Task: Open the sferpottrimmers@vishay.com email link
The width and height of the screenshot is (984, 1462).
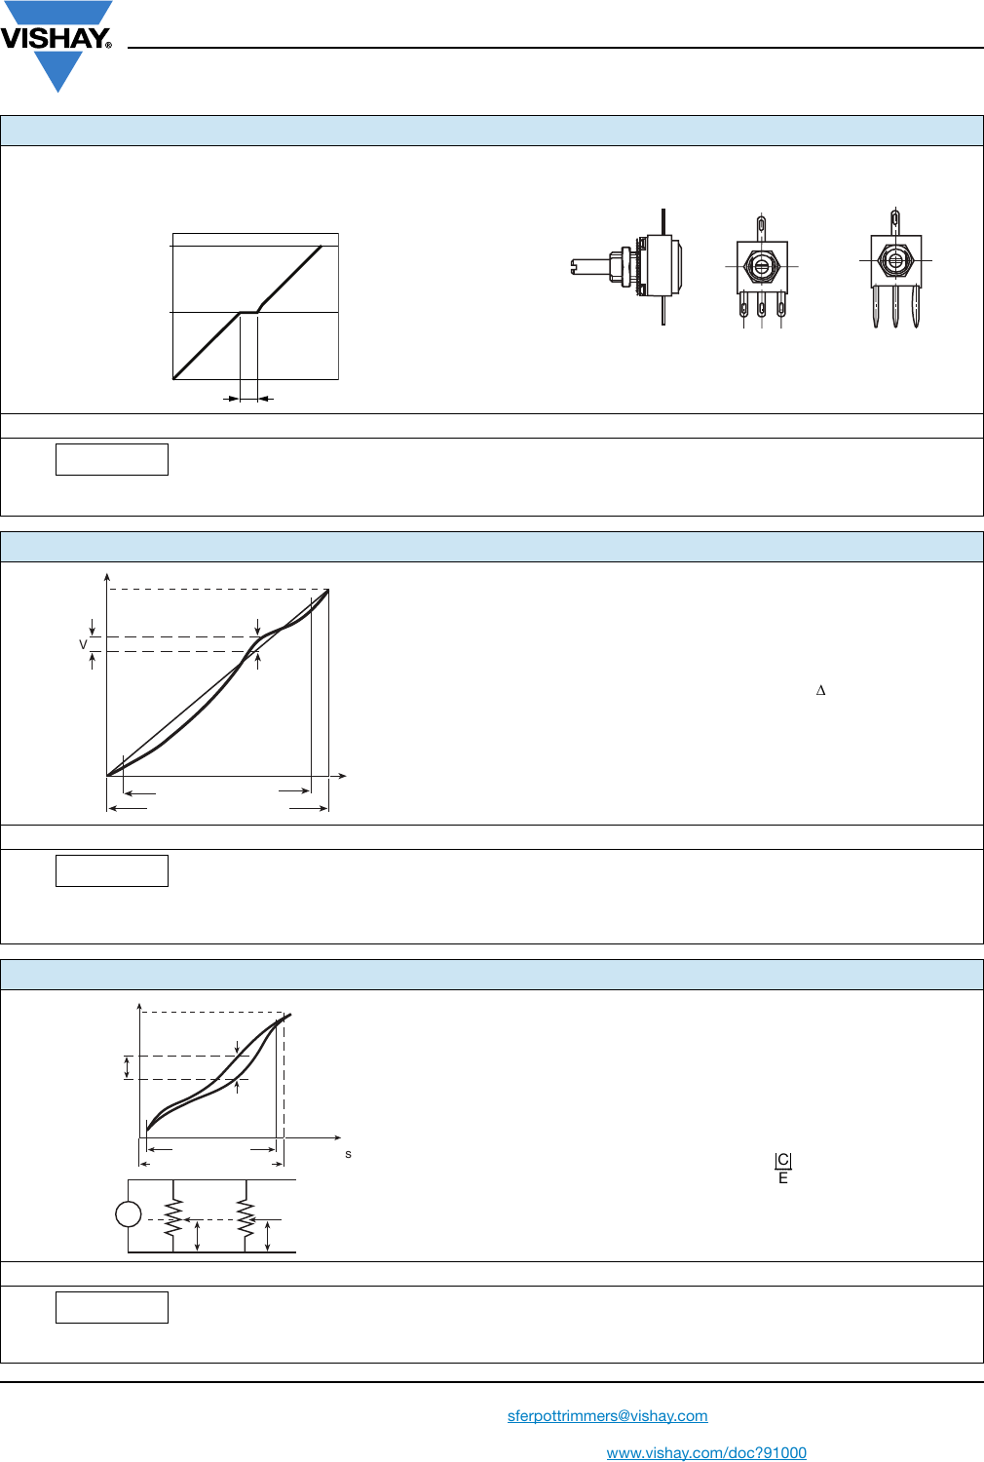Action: tap(608, 1415)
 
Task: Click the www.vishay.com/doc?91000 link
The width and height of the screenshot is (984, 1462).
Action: tap(706, 1452)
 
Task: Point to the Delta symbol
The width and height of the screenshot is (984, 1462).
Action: tap(821, 690)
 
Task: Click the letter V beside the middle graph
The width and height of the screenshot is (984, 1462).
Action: tap(83, 645)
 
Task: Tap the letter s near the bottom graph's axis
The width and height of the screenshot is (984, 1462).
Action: tap(349, 1155)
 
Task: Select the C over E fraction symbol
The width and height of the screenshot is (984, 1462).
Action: tap(783, 1169)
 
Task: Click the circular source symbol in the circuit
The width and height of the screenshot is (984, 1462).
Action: tap(128, 1214)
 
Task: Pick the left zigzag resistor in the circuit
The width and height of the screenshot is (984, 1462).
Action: tap(172, 1218)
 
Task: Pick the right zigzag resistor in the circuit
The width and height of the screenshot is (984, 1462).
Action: tap(246, 1218)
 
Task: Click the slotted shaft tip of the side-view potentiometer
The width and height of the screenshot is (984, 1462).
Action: tap(575, 267)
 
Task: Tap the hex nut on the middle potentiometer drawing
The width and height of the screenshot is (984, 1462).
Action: tap(761, 266)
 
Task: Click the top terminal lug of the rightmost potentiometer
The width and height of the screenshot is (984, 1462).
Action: tap(895, 221)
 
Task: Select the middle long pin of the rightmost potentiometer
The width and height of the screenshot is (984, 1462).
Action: tap(895, 307)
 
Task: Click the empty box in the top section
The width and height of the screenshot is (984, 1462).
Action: tap(112, 459)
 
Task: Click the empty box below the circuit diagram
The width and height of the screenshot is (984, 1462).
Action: tap(112, 1307)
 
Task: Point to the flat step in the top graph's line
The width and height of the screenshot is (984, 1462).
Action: tap(248, 312)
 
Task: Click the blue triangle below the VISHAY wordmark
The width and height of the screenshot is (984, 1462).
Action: tap(58, 71)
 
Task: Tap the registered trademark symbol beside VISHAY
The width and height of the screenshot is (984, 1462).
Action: tap(108, 45)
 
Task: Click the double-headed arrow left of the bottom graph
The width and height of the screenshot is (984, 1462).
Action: tap(128, 1068)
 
